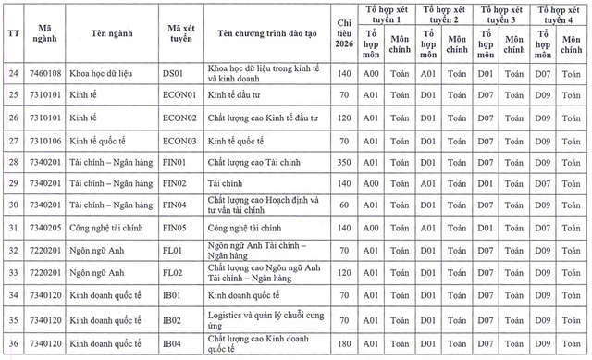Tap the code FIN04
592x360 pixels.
175,205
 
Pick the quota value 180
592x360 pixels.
342,344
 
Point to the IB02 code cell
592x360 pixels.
172,321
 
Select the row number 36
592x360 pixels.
13,344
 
